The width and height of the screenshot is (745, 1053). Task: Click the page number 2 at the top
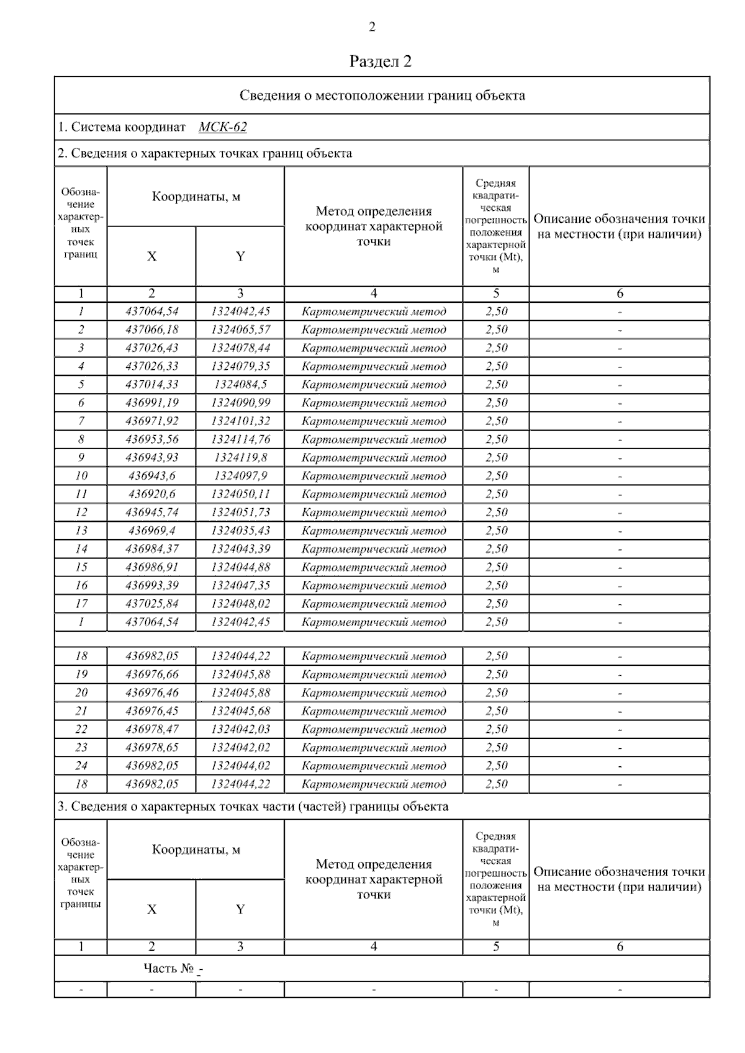click(x=372, y=27)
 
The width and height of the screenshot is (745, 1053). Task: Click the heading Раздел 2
click(x=381, y=61)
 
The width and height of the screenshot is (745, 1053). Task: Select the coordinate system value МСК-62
click(x=222, y=127)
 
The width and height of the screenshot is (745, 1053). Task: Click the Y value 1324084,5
click(x=240, y=384)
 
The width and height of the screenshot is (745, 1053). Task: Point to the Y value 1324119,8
click(x=240, y=457)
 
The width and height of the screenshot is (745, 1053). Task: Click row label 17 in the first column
click(x=81, y=603)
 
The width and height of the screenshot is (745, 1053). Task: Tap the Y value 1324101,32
click(x=240, y=421)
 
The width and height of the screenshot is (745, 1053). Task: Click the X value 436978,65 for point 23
click(x=151, y=747)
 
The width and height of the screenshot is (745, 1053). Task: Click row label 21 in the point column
click(x=81, y=710)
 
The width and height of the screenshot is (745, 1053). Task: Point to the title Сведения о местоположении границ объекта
click(x=382, y=96)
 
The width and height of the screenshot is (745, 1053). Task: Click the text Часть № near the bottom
click(x=168, y=968)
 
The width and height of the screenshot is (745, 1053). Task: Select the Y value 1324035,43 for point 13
click(x=240, y=531)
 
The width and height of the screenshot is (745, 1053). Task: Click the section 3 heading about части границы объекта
click(x=253, y=807)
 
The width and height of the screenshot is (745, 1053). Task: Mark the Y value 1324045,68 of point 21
click(x=240, y=710)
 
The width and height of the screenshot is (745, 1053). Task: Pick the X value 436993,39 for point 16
click(x=151, y=585)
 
